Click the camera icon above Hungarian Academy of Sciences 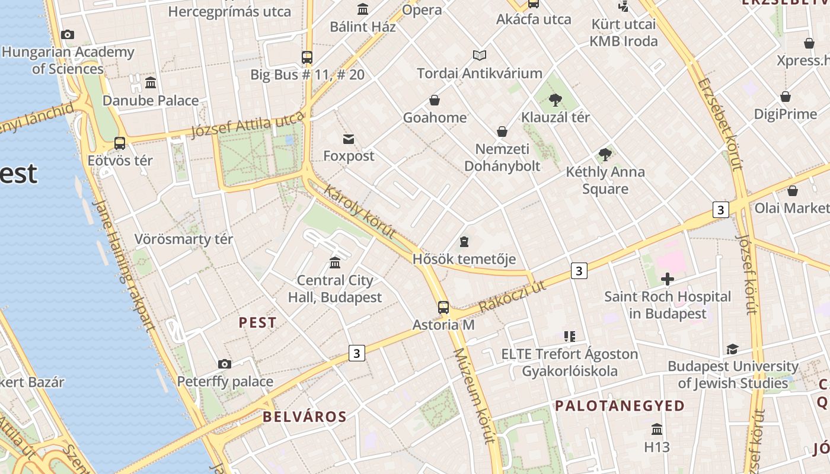tap(68, 35)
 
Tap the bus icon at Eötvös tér tap(120, 143)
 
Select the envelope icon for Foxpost tap(349, 139)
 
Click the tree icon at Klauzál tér tap(555, 100)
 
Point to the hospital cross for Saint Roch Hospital tap(668, 279)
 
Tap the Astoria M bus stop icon tap(443, 308)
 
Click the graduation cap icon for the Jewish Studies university tap(733, 349)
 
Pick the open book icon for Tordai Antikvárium tap(480, 56)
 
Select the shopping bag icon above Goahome tap(435, 100)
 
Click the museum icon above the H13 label tap(657, 429)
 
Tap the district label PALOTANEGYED tap(620, 406)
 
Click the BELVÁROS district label tap(305, 417)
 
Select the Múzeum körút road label tap(473, 396)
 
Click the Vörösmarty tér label tap(184, 239)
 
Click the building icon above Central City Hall tap(335, 262)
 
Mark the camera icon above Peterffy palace tap(224, 364)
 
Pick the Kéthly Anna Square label tap(605, 180)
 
